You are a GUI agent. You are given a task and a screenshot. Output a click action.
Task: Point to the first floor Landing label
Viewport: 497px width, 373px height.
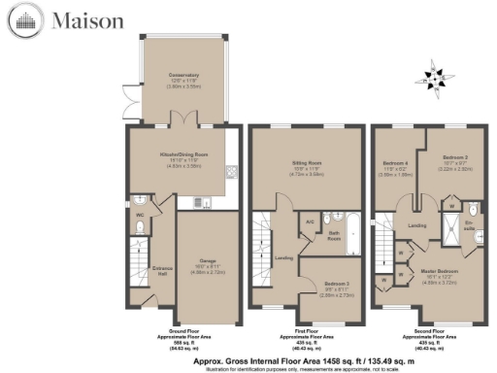coord(284,257)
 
